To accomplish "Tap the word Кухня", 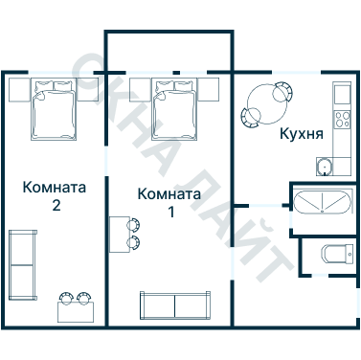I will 300,134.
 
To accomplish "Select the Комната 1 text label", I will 169,202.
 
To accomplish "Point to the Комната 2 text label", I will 55,195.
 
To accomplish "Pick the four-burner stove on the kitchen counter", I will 341,121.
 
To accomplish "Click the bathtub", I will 321,204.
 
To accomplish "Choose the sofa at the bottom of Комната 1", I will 175,305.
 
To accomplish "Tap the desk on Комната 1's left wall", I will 120,233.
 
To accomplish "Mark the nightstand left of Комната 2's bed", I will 20,89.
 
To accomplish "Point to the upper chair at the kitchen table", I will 282,91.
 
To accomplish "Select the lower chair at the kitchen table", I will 251,117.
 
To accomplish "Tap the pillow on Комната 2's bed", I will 54,89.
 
